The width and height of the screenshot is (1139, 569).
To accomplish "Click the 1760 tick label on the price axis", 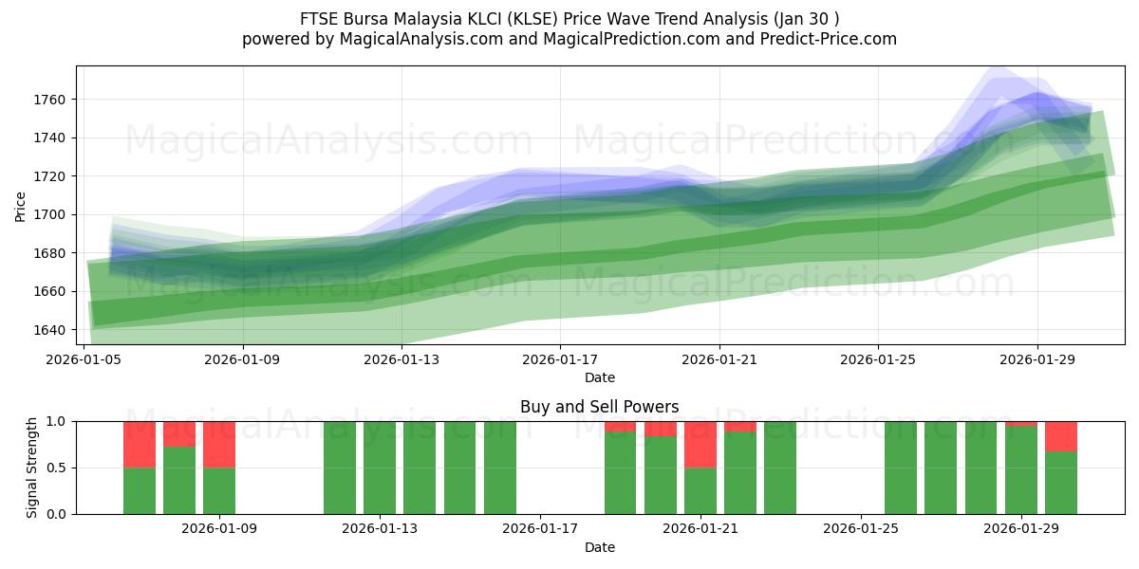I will [x=53, y=100].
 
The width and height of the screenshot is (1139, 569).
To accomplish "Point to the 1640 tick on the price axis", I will [x=53, y=330].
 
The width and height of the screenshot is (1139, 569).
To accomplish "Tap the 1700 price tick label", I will [x=53, y=214].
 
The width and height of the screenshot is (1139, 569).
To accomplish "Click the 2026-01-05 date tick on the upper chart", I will [x=84, y=359].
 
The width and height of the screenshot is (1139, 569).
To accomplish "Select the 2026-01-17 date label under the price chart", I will [x=560, y=359].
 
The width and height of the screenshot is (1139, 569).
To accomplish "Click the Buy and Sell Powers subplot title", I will [x=599, y=407].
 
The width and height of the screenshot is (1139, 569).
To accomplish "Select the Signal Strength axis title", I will [x=32, y=467].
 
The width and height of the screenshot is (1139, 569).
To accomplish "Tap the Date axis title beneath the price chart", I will [x=599, y=377].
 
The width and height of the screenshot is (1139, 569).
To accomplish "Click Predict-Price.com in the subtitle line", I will [x=828, y=39].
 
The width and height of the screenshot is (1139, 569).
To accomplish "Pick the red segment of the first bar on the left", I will [x=140, y=444].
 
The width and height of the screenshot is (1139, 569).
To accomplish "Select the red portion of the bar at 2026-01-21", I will [x=700, y=444].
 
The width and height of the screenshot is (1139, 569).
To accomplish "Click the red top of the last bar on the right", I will [x=1061, y=436].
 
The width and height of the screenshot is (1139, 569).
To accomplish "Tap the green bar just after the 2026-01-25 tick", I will [x=901, y=468].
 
